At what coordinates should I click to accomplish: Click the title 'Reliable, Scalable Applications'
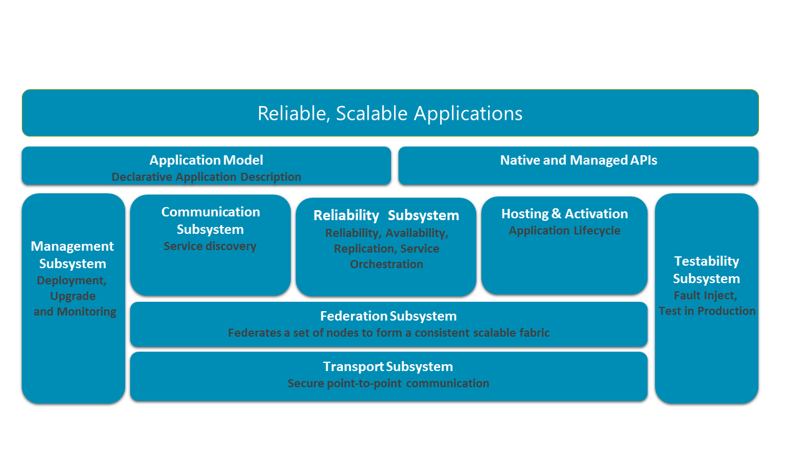[x=390, y=113]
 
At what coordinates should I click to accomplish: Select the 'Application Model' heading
[x=206, y=160]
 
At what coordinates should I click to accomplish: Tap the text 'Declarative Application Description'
[x=206, y=177]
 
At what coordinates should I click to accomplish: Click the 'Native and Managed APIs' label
[x=578, y=160]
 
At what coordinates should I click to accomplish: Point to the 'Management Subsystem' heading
[x=73, y=255]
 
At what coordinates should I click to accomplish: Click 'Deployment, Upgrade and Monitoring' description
[x=74, y=296]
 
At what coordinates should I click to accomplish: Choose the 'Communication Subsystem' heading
[x=210, y=221]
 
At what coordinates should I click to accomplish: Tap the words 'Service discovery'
[x=210, y=246]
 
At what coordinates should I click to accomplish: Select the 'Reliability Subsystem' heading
[x=386, y=216]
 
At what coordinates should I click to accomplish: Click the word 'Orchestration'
[x=386, y=264]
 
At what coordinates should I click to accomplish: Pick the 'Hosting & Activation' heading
[x=565, y=214]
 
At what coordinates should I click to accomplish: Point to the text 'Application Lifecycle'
[x=565, y=231]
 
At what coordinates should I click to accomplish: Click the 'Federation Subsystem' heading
[x=389, y=316]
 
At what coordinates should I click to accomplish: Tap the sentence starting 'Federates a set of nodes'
[x=389, y=333]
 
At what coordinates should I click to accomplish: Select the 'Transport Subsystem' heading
[x=388, y=367]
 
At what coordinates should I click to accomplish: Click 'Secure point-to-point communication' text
[x=388, y=384]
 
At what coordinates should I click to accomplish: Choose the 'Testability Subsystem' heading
[x=707, y=270]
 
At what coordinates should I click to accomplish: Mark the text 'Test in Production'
[x=707, y=311]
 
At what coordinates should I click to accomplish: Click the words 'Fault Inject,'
[x=705, y=296]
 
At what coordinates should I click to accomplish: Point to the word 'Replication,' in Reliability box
[x=364, y=249]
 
